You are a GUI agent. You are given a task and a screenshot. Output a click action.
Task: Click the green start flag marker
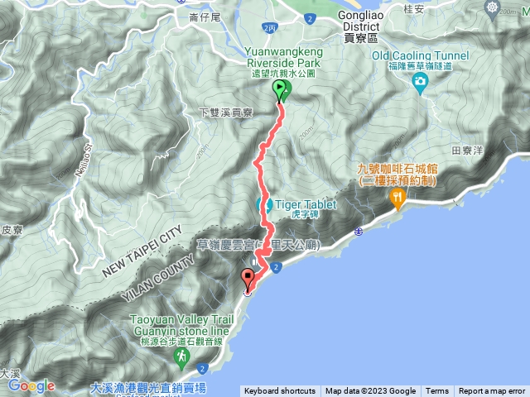click(x=280, y=89)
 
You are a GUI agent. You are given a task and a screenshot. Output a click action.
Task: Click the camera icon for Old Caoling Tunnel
click(x=420, y=80)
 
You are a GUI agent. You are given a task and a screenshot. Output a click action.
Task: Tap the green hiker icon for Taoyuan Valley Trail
click(x=181, y=355)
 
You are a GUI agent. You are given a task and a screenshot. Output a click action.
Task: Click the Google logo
click(x=31, y=385)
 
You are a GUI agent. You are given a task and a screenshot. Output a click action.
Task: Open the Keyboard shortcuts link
click(x=279, y=391)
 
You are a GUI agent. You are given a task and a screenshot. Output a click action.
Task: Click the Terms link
click(x=436, y=391)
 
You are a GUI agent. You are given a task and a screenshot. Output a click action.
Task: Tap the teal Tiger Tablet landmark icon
click(x=267, y=203)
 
